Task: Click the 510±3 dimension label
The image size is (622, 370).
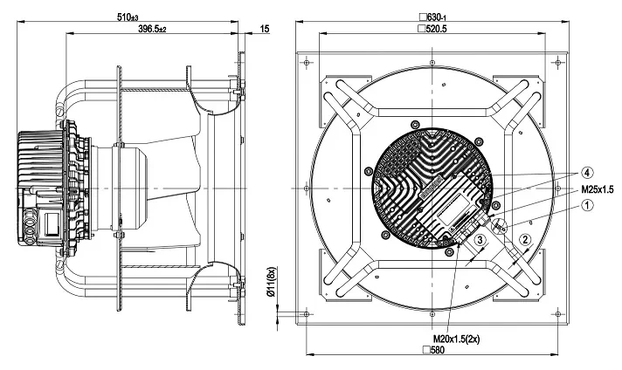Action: click(x=128, y=17)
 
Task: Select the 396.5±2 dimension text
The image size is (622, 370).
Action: click(x=152, y=29)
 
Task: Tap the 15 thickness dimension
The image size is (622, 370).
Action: click(x=265, y=29)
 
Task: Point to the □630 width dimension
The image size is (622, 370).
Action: click(x=433, y=17)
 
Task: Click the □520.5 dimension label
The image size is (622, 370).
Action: click(x=433, y=29)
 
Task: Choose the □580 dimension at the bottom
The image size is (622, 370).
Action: click(x=433, y=350)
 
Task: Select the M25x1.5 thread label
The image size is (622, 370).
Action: click(x=597, y=189)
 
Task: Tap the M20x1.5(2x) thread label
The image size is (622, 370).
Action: click(x=456, y=339)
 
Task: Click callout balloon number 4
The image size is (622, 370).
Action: click(x=587, y=173)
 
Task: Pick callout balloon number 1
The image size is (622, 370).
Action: click(x=587, y=205)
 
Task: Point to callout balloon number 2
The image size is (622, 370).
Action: click(x=525, y=240)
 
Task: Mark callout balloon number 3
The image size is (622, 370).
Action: click(x=480, y=240)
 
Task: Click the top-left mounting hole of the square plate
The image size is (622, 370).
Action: click(x=306, y=63)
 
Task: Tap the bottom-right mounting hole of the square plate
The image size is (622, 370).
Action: click(x=558, y=314)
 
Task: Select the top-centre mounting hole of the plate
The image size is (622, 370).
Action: click(x=432, y=63)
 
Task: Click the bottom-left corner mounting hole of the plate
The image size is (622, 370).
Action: click(x=306, y=314)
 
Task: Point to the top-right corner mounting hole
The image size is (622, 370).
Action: click(x=558, y=63)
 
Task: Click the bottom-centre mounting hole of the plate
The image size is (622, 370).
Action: click(x=432, y=314)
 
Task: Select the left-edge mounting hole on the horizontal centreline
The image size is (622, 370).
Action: click(x=306, y=188)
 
